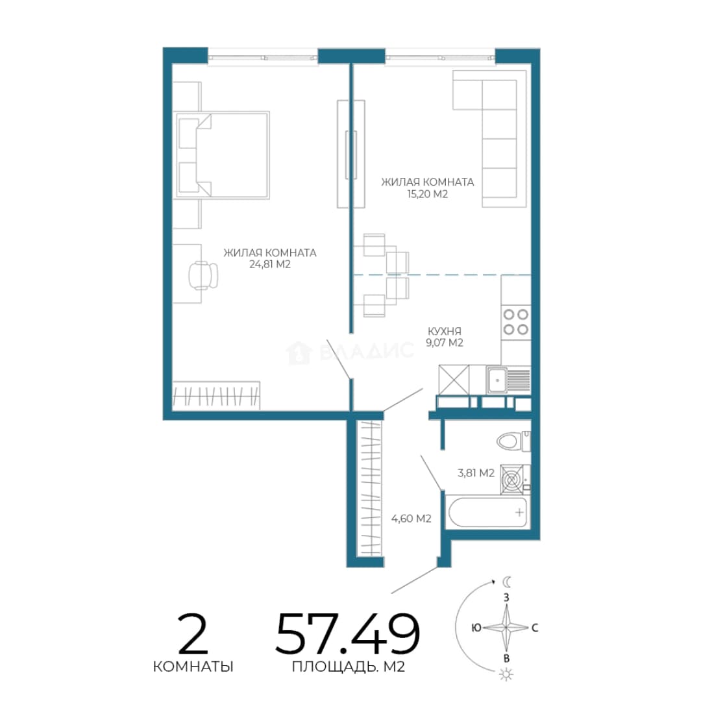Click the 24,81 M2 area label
tap(270, 264)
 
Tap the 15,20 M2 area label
tap(427, 194)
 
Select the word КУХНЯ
tap(445, 331)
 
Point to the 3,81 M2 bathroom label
tap(476, 473)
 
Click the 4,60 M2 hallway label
tap(412, 519)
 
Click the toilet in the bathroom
tap(513, 441)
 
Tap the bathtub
tap(487, 512)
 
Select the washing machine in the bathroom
tap(515, 479)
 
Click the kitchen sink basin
tap(497, 380)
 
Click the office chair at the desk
tap(203, 275)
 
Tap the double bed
tap(223, 155)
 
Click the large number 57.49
tap(348, 634)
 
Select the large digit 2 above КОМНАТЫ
tap(193, 633)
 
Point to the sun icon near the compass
tap(506, 674)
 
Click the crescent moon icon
tap(507, 582)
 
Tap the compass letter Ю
tap(476, 628)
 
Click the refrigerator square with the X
tap(454, 380)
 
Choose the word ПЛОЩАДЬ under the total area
tap(333, 667)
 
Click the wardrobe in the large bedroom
tap(216, 396)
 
